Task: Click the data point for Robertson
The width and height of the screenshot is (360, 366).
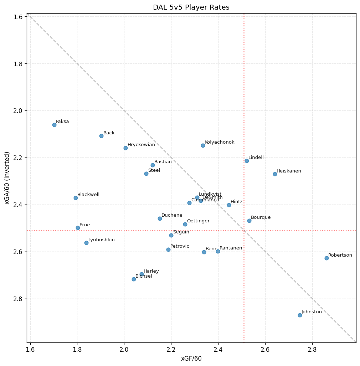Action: pyautogui.click(x=326, y=258)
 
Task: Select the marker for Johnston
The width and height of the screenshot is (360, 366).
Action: pyautogui.click(x=300, y=315)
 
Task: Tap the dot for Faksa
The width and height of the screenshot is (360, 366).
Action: pyautogui.click(x=54, y=125)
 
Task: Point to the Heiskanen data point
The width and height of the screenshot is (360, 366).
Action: pyautogui.click(x=275, y=174)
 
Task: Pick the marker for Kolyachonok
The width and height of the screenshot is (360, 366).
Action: pyautogui.click(x=203, y=145)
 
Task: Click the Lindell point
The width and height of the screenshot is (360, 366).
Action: pyautogui.click(x=247, y=161)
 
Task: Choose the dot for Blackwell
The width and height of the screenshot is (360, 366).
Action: pyautogui.click(x=76, y=198)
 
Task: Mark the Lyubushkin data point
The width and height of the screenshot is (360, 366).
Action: pyautogui.click(x=86, y=243)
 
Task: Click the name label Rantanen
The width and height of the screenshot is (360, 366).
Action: pyautogui.click(x=231, y=248)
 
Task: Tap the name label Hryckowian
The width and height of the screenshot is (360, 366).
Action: pyautogui.click(x=141, y=145)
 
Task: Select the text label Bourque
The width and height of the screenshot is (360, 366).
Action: pyautogui.click(x=261, y=217)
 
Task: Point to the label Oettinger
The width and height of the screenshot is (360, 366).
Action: pyautogui.click(x=198, y=221)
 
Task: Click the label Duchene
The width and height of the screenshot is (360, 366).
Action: pyautogui.click(x=172, y=215)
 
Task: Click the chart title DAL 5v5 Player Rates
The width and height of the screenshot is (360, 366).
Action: pyautogui.click(x=191, y=7)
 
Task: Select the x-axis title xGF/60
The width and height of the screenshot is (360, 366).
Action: pyautogui.click(x=191, y=359)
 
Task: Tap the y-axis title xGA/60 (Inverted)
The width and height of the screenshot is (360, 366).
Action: pyautogui.click(x=7, y=178)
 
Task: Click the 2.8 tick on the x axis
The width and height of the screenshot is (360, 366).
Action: pyautogui.click(x=312, y=350)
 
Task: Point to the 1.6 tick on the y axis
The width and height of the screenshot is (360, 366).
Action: pyautogui.click(x=19, y=17)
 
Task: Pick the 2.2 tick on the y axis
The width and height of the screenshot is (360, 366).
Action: pyautogui.click(x=19, y=158)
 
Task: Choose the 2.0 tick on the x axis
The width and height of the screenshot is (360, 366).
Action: pyautogui.click(x=124, y=350)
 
